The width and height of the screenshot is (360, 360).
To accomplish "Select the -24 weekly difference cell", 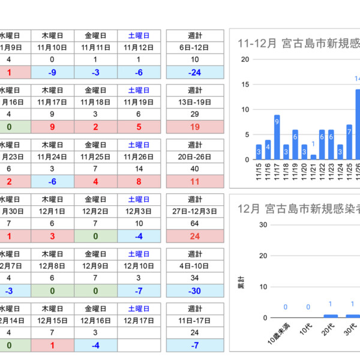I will pos(194,72).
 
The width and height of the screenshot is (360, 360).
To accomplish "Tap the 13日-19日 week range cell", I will pos(194,102).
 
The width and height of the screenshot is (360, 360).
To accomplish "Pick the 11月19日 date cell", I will pos(139,102).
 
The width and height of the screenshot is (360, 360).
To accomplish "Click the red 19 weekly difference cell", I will pos(194,127).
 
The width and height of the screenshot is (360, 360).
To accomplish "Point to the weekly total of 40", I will pos(194,169).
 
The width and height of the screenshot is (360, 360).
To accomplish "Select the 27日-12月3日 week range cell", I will pos(194,211).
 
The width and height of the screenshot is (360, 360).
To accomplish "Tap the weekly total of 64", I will pos(194,224).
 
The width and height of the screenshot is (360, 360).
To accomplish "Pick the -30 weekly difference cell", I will pos(194,290).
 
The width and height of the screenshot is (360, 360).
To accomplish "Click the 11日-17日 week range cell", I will pos(194,320).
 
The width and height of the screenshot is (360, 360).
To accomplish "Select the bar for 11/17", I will pos(277,137).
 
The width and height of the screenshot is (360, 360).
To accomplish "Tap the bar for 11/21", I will pos(313,157).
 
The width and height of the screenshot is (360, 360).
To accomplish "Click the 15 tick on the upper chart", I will pos(245,85).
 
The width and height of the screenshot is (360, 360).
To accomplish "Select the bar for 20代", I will pos(331,316).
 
